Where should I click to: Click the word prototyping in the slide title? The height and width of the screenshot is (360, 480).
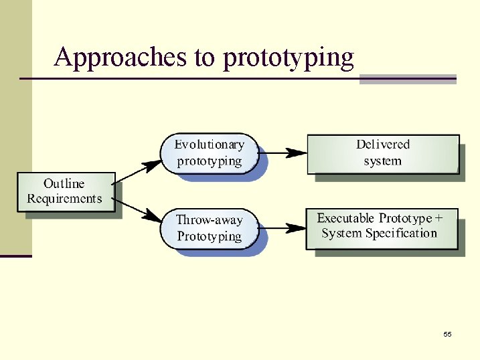(289, 58)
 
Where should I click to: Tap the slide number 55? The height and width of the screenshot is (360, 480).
(447, 334)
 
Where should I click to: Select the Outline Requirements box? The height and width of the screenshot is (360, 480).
(66, 191)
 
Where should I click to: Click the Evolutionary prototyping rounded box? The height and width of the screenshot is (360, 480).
(209, 153)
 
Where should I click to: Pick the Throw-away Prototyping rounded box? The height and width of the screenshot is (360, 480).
(209, 228)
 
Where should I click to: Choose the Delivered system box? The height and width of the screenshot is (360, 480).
(383, 153)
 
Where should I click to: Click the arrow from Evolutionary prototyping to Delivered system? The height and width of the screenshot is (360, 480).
(283, 153)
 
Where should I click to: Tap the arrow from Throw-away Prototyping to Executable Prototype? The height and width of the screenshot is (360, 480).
(283, 228)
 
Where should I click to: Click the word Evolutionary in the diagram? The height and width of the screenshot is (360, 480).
(210, 145)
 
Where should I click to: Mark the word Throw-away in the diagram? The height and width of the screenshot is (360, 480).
(209, 219)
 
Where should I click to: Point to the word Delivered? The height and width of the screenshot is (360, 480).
(383, 145)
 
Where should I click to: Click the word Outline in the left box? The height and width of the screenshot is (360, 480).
(64, 183)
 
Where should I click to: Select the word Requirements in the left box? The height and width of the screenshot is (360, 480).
(64, 199)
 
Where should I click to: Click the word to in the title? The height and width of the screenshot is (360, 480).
(204, 58)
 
